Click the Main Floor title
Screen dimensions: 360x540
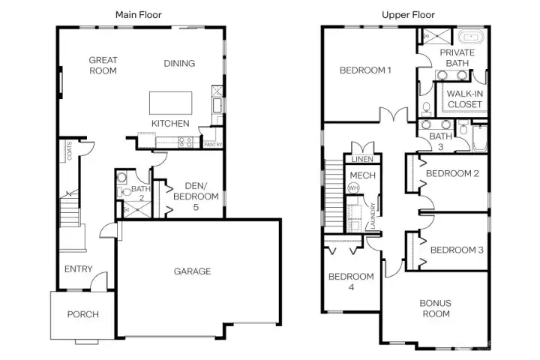tap(138, 14)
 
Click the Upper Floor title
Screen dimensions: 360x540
tap(408, 14)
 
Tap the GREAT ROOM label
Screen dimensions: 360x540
tap(103, 65)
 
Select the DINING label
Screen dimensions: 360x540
tap(179, 64)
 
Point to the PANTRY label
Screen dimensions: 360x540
tap(213, 145)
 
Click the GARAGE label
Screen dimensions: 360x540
tap(193, 271)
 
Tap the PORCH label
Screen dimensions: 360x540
tap(83, 314)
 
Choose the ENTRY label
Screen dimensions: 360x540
tap(79, 269)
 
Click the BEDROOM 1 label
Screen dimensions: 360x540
tap(366, 70)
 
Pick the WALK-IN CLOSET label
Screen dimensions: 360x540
tap(465, 99)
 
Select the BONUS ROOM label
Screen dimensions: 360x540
tap(435, 308)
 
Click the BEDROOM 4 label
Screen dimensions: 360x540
tap(351, 281)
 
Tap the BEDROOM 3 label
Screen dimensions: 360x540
tap(457, 250)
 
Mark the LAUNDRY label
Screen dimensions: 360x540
tap(373, 217)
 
